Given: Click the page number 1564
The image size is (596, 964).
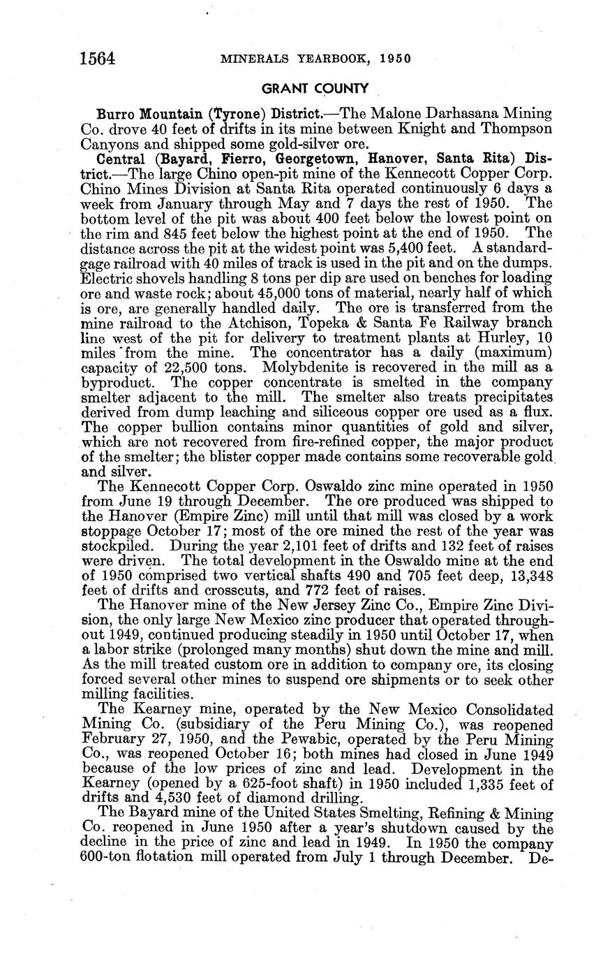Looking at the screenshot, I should pyautogui.click(x=98, y=58).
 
